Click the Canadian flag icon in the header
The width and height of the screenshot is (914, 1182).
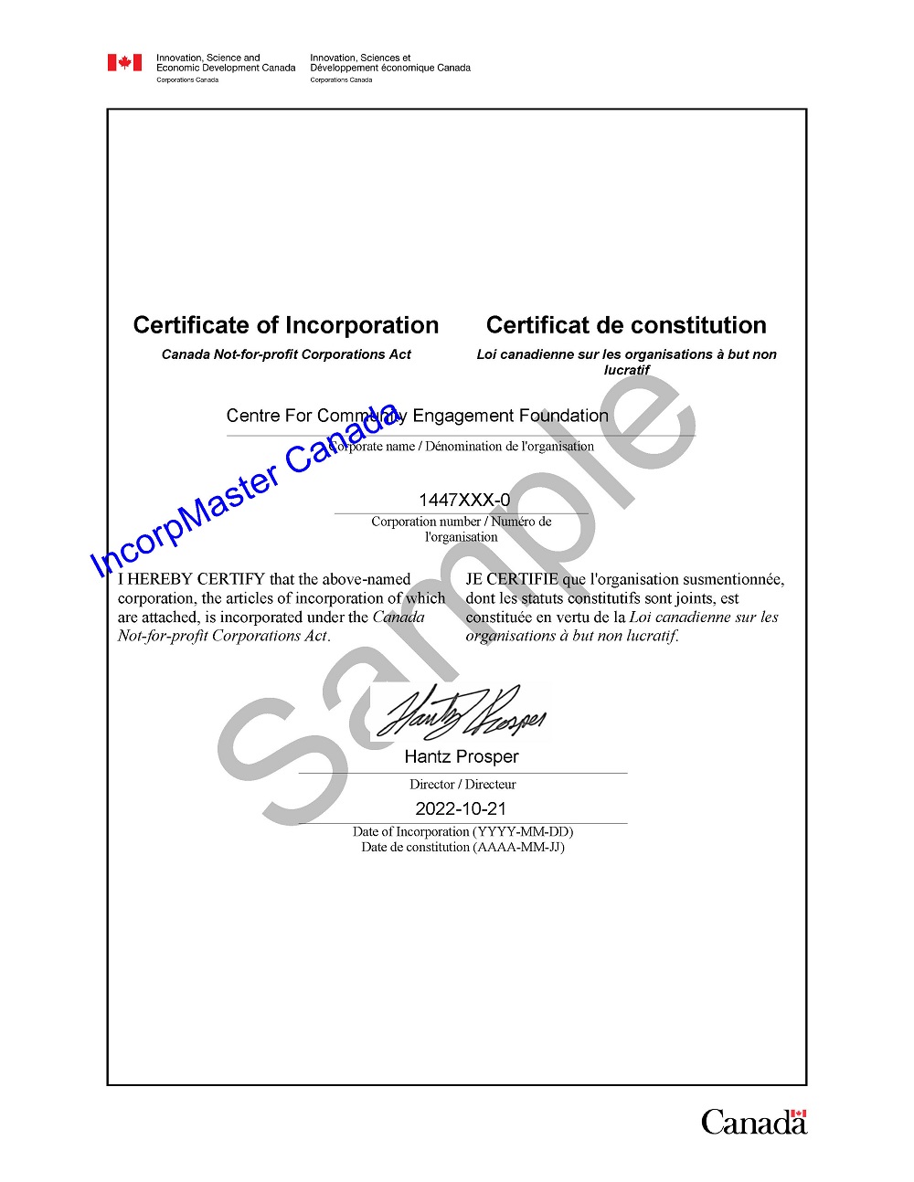tap(124, 62)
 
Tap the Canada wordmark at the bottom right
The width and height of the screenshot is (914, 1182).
tap(753, 1122)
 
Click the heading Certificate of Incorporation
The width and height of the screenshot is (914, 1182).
tap(286, 325)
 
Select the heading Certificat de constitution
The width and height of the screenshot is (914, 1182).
tap(626, 325)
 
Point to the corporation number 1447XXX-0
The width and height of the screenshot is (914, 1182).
tap(464, 500)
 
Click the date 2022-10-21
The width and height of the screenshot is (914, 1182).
tap(461, 808)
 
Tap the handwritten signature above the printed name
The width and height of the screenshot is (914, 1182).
tap(462, 712)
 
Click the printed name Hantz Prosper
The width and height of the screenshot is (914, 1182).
tap(462, 756)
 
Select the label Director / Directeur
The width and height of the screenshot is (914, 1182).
tap(462, 785)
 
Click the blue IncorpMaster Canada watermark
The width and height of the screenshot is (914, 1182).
tap(245, 491)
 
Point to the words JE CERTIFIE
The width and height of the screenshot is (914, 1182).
tap(512, 579)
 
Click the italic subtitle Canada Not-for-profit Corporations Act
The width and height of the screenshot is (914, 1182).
tap(286, 354)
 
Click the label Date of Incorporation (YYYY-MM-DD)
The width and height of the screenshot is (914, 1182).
tap(462, 831)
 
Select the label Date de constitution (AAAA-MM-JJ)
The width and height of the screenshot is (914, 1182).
tap(462, 847)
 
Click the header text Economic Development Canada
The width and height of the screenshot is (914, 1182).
tap(226, 68)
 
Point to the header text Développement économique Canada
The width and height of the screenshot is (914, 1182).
tap(390, 68)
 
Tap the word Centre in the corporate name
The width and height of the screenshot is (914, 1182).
tap(253, 416)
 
